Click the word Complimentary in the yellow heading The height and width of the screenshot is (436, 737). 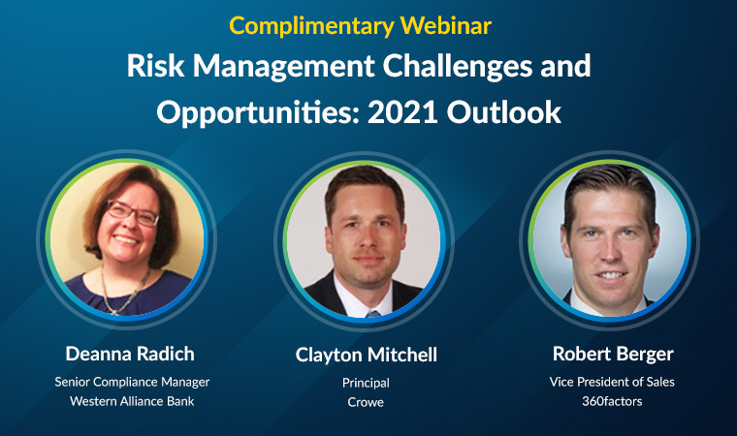click(311, 26)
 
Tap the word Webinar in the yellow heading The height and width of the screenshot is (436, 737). click(445, 25)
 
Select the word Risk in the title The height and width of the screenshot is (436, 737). click(155, 65)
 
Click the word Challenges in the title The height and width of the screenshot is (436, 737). click(459, 67)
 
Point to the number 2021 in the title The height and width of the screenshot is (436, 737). click(402, 112)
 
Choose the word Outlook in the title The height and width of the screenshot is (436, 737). click(504, 111)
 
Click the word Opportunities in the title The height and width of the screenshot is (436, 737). click(258, 113)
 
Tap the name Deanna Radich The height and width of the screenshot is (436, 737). click(130, 354)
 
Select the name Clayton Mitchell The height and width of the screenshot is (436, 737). click(367, 356)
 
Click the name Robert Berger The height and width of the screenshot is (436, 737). click(613, 355)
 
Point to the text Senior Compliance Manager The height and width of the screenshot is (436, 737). click(132, 382)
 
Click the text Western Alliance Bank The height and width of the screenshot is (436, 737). click(132, 401)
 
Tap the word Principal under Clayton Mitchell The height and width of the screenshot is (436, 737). click(366, 384)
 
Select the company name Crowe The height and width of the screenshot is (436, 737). click(366, 402)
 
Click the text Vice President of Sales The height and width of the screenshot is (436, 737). click(612, 382)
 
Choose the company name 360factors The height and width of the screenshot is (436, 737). click(612, 401)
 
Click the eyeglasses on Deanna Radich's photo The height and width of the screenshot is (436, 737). click(133, 213)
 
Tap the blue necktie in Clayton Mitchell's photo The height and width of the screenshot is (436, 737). click(372, 313)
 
